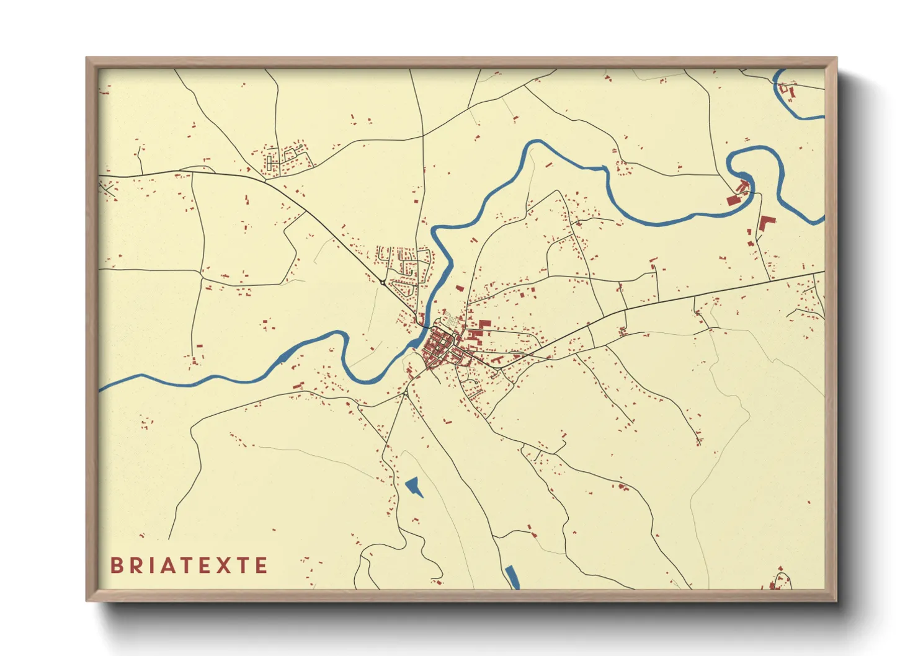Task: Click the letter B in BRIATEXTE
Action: click(x=116, y=565)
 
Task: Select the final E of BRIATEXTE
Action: click(x=262, y=565)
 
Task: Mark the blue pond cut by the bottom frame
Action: click(x=512, y=577)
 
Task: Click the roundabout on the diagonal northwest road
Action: click(x=382, y=283)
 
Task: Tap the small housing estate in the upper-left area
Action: click(x=285, y=158)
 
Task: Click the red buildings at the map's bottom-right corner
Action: click(x=778, y=579)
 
